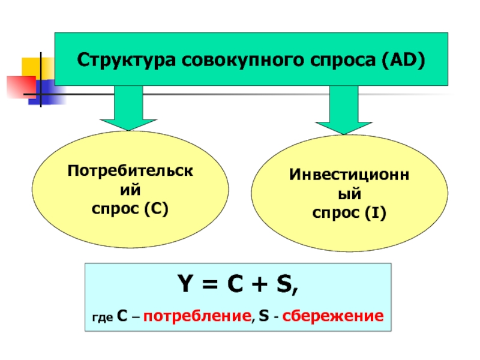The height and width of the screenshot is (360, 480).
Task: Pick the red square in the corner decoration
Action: pyautogui.click(x=18, y=86)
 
